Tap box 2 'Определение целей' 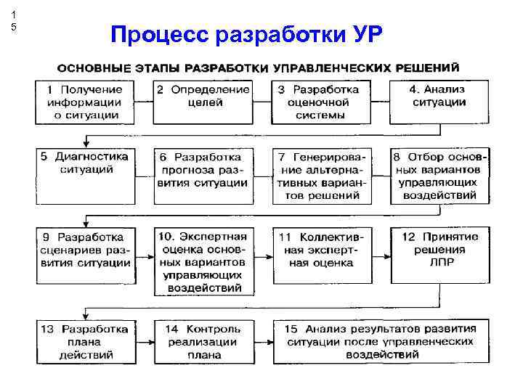coord(203,102)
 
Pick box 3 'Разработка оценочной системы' coord(321,102)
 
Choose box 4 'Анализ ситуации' coord(439,102)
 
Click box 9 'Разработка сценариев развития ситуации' coord(84,255)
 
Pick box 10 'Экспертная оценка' coord(203,261)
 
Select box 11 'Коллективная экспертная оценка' coord(321,255)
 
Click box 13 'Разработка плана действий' coord(84,342)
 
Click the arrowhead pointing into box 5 coord(86,144)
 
